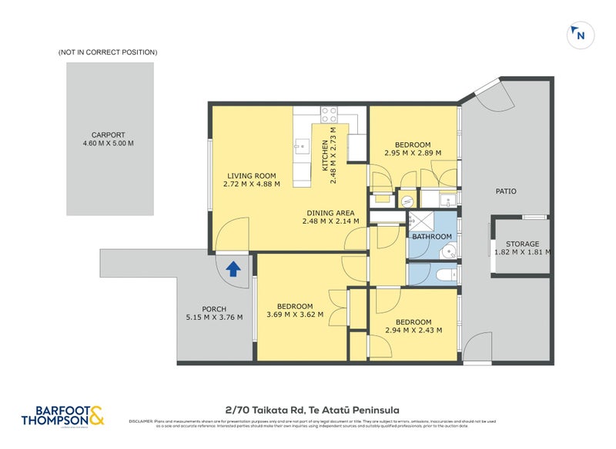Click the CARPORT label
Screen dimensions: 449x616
[108, 135]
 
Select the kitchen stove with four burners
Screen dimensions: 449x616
[329, 115]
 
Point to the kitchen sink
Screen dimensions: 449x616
[303, 144]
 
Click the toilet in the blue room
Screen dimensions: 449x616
[444, 274]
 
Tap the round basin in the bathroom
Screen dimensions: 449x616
[452, 249]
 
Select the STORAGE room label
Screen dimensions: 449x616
[522, 244]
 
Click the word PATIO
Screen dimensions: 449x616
[506, 191]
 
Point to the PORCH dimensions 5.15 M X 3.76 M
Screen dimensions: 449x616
[214, 318]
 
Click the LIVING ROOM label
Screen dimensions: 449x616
[251, 175]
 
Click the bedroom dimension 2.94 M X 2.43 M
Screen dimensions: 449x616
[413, 331]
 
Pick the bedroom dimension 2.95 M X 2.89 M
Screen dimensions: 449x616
[413, 153]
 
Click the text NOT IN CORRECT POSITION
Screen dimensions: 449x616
[108, 52]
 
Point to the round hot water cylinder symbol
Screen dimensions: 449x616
[407, 201]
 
